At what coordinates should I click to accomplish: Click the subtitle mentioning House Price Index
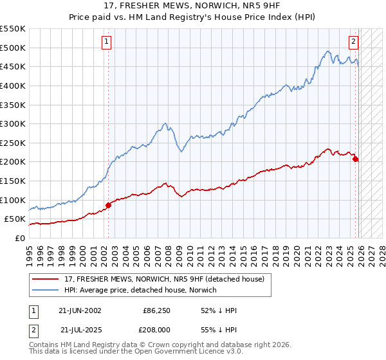193,17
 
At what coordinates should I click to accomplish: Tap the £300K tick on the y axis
13,123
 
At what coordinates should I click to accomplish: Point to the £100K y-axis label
13,200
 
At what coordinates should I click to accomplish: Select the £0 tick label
19,238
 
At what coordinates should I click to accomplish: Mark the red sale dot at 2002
108,205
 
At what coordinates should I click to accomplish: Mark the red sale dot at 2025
356,159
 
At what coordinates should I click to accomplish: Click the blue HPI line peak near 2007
165,123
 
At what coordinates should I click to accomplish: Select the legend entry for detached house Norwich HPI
141,290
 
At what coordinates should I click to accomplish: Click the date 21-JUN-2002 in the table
80,310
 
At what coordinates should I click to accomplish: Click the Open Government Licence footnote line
124,352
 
